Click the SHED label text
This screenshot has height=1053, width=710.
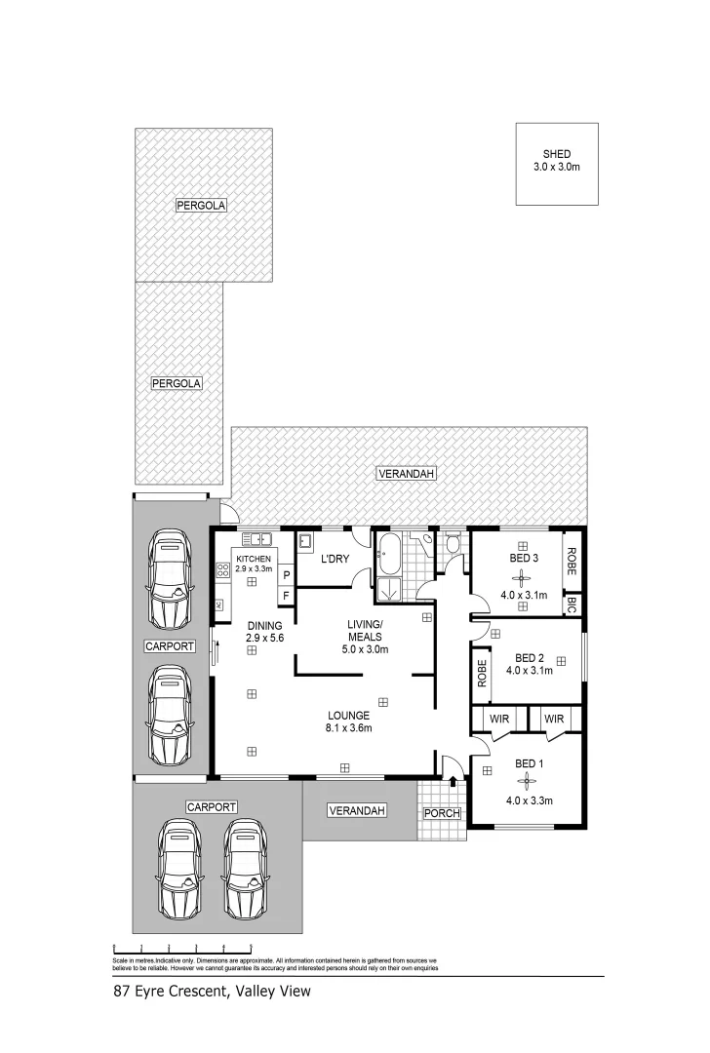556,154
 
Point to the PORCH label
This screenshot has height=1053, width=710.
440,814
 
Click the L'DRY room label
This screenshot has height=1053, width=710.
335,559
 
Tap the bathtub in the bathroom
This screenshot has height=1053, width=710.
387,556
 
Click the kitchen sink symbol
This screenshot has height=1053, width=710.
259,538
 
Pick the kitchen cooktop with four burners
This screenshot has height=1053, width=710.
221,568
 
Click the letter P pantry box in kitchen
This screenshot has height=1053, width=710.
286,576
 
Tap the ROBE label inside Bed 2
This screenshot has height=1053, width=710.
481,675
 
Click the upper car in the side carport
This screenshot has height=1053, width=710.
172,583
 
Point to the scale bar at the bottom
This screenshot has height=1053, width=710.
182,947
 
